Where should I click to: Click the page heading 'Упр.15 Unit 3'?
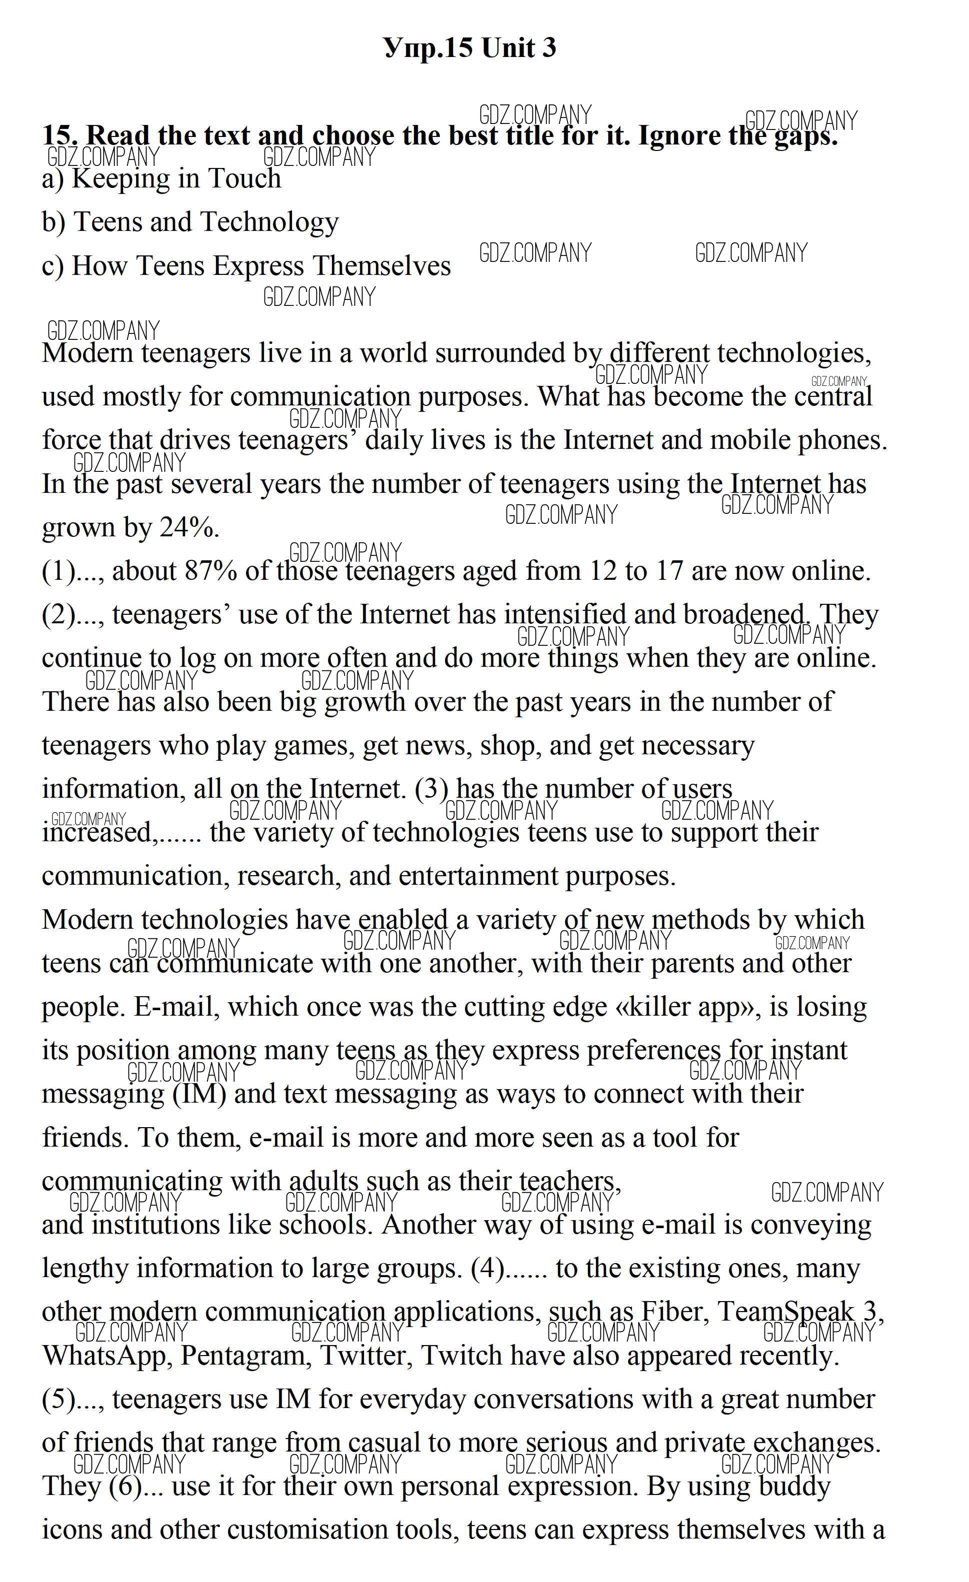[x=469, y=48]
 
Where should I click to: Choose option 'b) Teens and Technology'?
[x=190, y=222]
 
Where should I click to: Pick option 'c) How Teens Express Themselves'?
[x=246, y=266]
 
